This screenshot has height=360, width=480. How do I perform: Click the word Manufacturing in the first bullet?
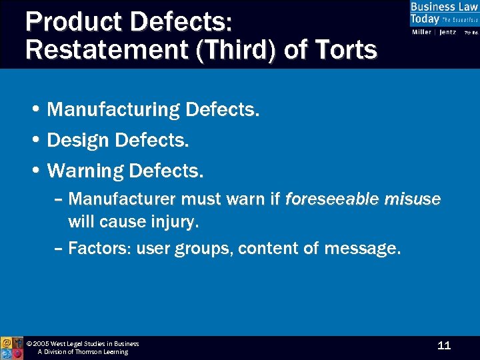click(x=114, y=109)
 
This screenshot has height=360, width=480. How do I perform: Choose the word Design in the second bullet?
click(x=79, y=140)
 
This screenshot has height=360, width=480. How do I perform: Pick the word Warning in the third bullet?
click(x=86, y=171)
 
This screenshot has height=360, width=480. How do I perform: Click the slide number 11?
click(x=444, y=345)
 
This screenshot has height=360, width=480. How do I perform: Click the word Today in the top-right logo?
click(x=425, y=19)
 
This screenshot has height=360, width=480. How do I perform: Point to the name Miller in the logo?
click(x=422, y=32)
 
